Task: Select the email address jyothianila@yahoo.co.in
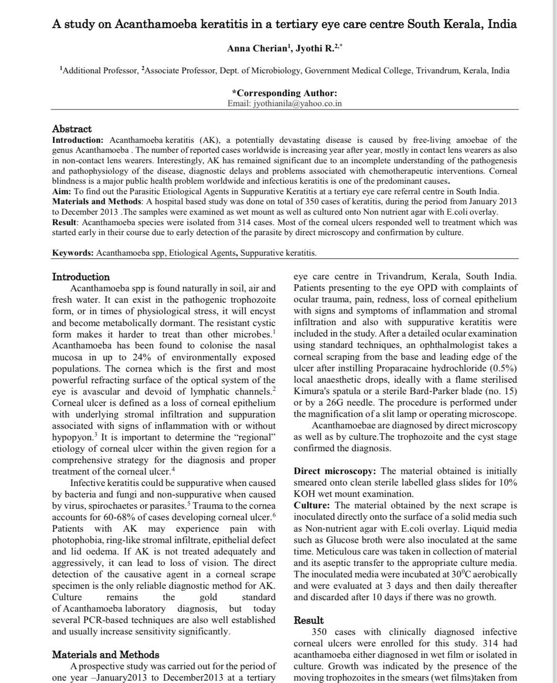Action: click(298, 103)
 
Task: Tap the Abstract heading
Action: click(72, 129)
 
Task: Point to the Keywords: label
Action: click(73, 253)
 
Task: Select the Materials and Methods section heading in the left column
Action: click(105, 654)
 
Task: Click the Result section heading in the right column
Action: click(308, 620)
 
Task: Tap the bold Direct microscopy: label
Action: click(335, 471)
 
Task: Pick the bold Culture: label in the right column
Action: click(312, 505)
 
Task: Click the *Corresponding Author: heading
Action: click(284, 93)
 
